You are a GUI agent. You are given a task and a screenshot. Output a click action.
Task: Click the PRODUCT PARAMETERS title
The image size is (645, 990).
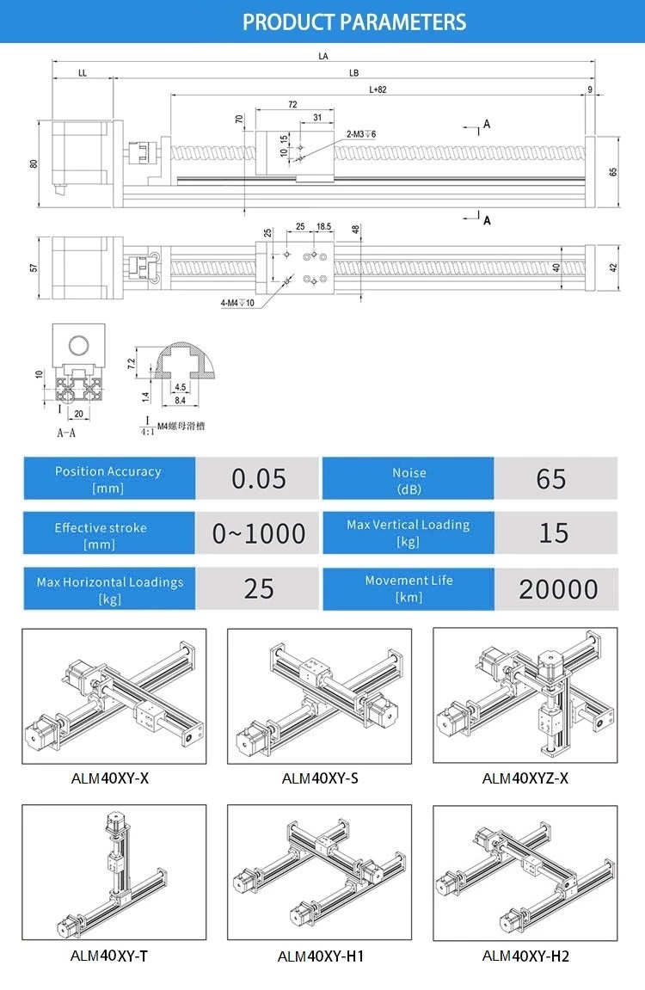click(354, 22)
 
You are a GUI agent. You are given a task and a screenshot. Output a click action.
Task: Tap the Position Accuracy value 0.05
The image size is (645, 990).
click(258, 478)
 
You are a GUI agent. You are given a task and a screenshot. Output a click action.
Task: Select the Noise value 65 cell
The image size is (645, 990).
click(551, 478)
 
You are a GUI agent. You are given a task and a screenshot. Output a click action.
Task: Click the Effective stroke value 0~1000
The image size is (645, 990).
click(258, 533)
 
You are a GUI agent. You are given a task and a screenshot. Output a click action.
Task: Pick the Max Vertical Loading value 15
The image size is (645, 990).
click(553, 532)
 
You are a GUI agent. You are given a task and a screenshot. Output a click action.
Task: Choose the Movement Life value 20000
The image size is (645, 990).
click(558, 589)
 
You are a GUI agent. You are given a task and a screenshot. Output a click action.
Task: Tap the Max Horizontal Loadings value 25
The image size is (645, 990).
click(258, 588)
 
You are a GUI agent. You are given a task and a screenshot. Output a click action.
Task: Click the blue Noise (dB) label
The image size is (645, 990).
click(408, 479)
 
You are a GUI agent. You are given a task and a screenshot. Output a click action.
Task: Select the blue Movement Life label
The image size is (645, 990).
click(408, 588)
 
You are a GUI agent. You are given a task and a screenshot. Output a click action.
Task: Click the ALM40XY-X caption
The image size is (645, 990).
click(110, 779)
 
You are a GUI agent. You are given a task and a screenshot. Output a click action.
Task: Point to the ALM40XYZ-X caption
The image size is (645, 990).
click(525, 779)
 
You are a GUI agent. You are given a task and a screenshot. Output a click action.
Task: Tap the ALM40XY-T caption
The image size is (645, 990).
click(114, 955)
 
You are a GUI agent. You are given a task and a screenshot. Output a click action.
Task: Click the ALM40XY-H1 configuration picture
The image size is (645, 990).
click(319, 872)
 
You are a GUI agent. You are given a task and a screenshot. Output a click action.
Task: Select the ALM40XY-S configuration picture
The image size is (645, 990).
click(319, 696)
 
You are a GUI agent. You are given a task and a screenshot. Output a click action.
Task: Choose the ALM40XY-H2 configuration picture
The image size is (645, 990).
click(525, 872)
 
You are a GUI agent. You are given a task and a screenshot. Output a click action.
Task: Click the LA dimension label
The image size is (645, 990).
click(323, 56)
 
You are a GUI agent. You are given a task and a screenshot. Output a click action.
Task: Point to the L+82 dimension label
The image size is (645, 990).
click(378, 89)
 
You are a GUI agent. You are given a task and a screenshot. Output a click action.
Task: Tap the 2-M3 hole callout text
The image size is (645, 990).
click(361, 134)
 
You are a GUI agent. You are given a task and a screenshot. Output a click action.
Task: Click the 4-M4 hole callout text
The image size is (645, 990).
click(237, 302)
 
